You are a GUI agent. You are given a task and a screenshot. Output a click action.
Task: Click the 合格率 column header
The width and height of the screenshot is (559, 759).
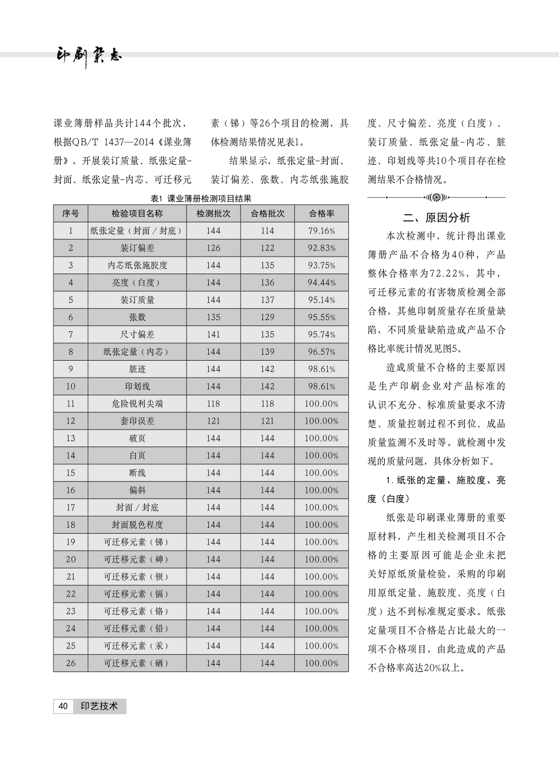(x=321, y=214)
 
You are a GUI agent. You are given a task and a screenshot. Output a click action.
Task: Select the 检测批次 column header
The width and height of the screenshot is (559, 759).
(x=213, y=214)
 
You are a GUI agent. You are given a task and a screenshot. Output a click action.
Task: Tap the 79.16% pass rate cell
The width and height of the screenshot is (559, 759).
(x=321, y=231)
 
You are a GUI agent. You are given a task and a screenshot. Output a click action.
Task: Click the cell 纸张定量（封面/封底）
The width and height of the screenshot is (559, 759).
(x=137, y=231)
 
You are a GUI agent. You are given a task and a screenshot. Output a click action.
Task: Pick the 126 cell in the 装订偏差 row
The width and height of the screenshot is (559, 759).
(x=213, y=248)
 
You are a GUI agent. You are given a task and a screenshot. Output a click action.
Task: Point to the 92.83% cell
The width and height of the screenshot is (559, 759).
(x=321, y=248)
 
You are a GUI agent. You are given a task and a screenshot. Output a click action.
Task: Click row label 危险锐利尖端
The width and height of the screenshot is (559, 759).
(x=137, y=404)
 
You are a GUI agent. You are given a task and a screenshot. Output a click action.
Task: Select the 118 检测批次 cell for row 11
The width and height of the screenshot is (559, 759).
(x=213, y=404)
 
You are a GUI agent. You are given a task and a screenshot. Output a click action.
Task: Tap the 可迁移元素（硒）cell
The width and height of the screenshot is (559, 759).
(x=137, y=663)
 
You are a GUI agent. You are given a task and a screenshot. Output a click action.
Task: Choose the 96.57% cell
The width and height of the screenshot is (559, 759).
(x=321, y=352)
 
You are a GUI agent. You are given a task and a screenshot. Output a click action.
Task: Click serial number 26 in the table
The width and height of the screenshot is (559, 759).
(x=71, y=663)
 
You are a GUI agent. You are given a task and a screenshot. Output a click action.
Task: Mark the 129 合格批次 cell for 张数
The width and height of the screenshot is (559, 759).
(x=267, y=317)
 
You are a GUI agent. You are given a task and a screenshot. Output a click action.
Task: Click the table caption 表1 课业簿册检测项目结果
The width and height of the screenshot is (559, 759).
(x=201, y=199)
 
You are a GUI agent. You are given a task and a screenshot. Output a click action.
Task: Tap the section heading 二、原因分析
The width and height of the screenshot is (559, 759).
(x=436, y=218)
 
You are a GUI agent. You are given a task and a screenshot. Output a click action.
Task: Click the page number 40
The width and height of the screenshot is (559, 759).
(x=63, y=706)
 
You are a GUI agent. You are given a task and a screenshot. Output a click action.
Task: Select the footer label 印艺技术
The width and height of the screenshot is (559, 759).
(x=99, y=706)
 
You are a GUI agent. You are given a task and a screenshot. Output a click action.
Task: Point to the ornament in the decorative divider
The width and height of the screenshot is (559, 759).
(x=436, y=197)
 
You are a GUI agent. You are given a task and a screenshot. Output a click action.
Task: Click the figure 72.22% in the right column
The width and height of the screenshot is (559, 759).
(x=451, y=274)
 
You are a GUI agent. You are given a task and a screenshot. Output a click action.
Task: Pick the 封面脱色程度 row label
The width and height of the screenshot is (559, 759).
(x=137, y=525)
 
